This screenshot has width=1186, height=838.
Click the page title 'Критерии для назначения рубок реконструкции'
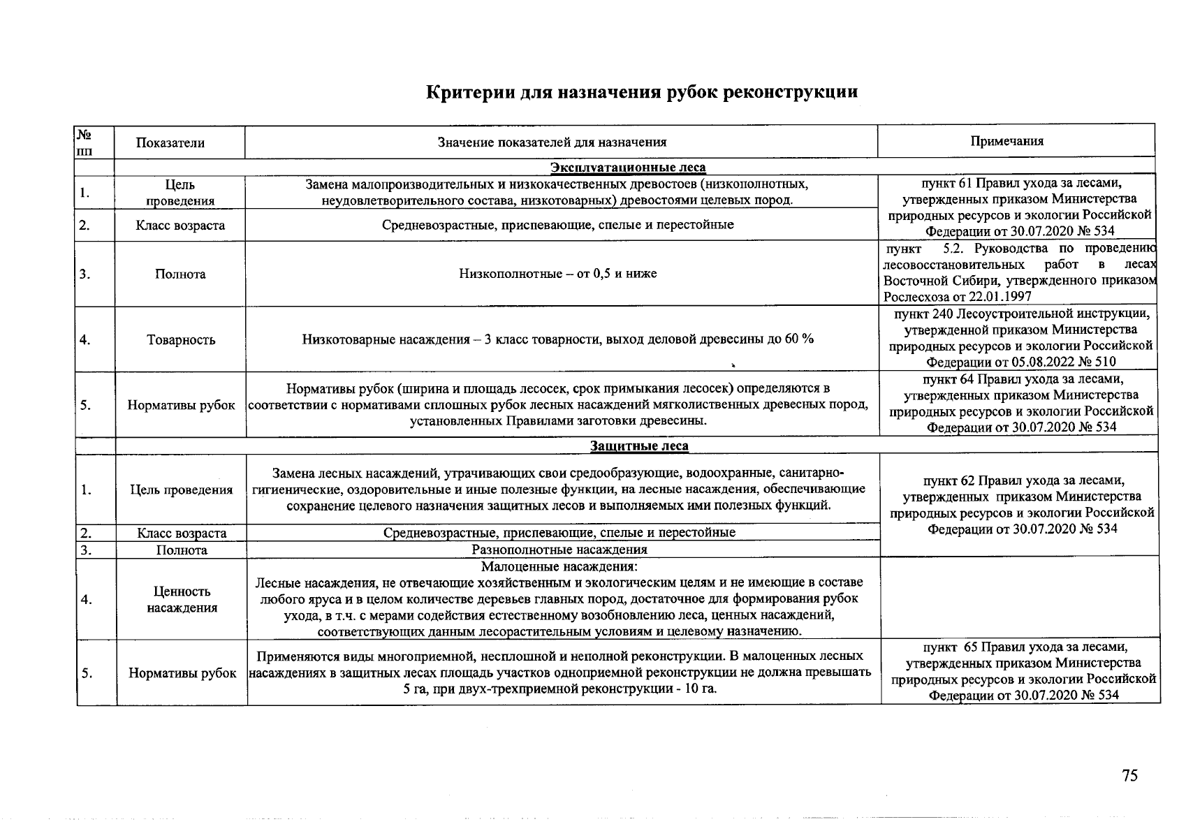point(642,93)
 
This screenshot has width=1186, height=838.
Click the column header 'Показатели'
point(170,143)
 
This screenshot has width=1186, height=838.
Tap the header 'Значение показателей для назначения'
point(552,142)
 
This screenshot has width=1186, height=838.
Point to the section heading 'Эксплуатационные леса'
point(628,168)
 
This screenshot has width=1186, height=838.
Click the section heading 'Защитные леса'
point(639,446)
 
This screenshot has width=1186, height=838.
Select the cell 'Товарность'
point(181,340)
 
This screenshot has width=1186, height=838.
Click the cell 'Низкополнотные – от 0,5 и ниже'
point(557,274)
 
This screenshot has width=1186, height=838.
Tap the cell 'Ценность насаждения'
point(182,600)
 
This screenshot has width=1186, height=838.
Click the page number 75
point(1129,776)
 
